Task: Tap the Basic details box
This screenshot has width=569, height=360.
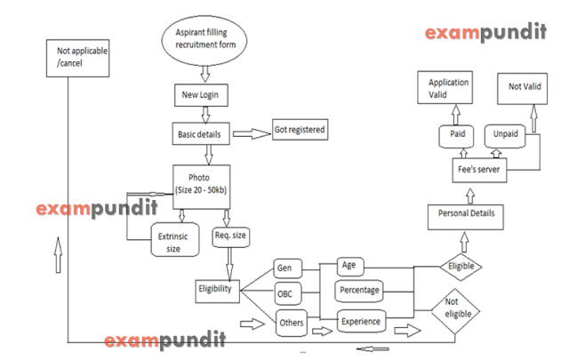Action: [199, 135]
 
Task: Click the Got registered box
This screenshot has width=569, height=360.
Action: [299, 130]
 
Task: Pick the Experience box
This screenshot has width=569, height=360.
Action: [360, 320]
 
